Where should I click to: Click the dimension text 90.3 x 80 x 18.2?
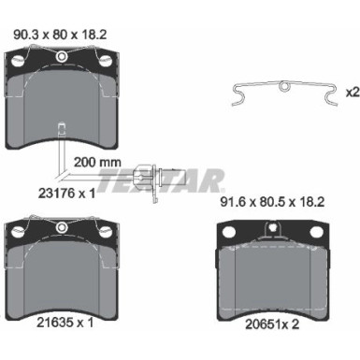point(60,38)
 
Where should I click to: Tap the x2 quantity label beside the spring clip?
point(352,93)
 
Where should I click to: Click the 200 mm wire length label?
point(95,161)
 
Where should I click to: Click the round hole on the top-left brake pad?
point(61,59)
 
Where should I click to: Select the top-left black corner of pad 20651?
point(227,230)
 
